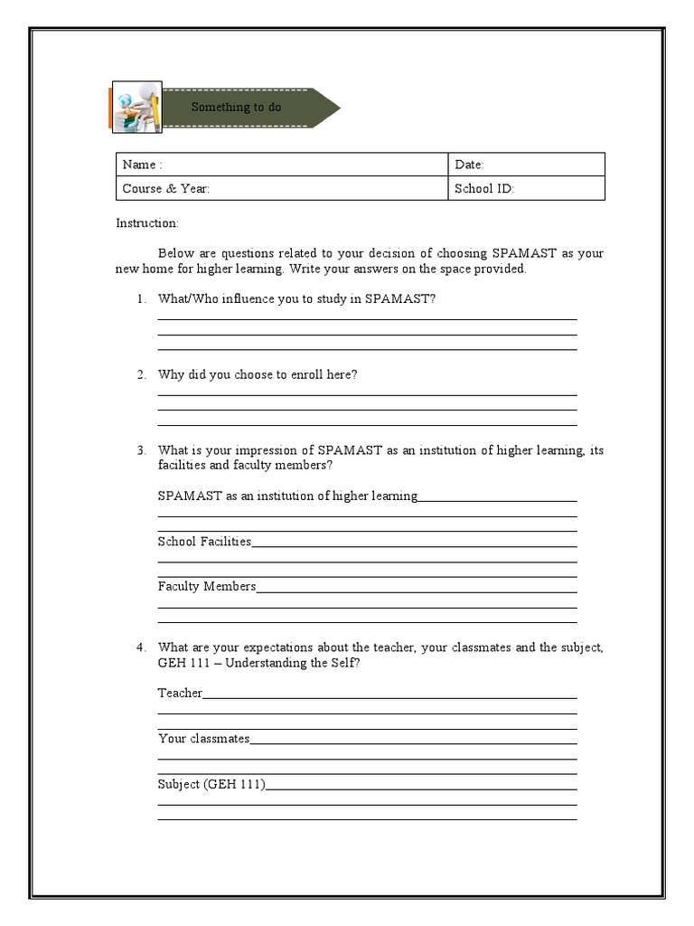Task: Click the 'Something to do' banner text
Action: pyautogui.click(x=236, y=108)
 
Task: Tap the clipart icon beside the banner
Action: pyautogui.click(x=136, y=108)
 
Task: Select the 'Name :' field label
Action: pyautogui.click(x=142, y=165)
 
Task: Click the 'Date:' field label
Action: pyautogui.click(x=469, y=165)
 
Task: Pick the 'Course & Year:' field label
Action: pyautogui.click(x=166, y=189)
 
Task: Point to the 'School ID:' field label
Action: pyautogui.click(x=484, y=189)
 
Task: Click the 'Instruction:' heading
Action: pyautogui.click(x=147, y=223)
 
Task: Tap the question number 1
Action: pyautogui.click(x=141, y=299)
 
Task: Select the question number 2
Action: pyautogui.click(x=141, y=374)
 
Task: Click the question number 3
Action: pyautogui.click(x=141, y=450)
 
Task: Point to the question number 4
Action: pyautogui.click(x=141, y=647)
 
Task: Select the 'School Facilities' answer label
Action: pyautogui.click(x=204, y=542)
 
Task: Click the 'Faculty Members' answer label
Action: pyautogui.click(x=207, y=587)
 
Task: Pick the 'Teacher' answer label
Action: pyautogui.click(x=180, y=694)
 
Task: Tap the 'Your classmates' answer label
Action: pyautogui.click(x=203, y=739)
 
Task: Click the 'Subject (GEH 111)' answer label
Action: pyautogui.click(x=211, y=784)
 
